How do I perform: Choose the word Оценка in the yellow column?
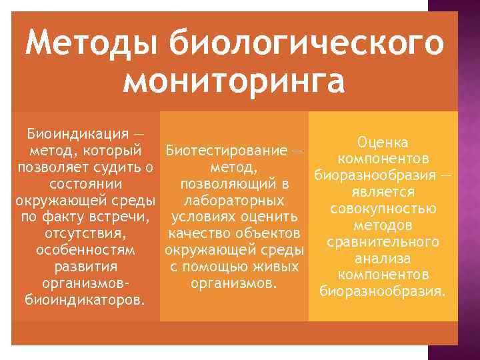point(383,143)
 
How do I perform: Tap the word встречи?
point(123,217)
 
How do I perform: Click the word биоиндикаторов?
point(83,301)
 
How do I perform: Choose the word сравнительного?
point(383,241)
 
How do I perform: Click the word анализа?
point(383,258)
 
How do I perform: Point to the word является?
point(383,192)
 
